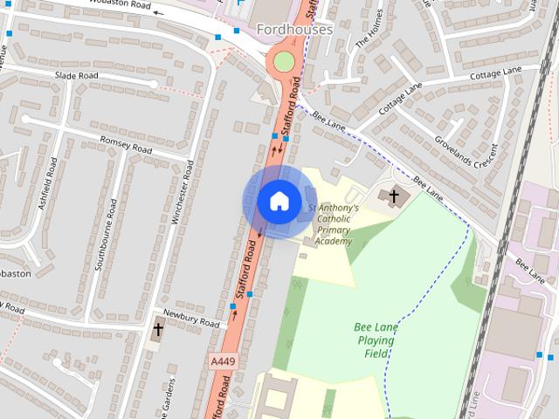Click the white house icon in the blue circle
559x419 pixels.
pyautogui.click(x=278, y=201)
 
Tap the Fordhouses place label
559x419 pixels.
pyautogui.click(x=294, y=30)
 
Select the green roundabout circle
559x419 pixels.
pyautogui.click(x=284, y=60)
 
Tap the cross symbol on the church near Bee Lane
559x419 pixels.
pyautogui.click(x=395, y=196)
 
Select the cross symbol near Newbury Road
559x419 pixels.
pyautogui.click(x=158, y=330)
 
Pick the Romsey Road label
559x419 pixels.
pyautogui.click(x=126, y=145)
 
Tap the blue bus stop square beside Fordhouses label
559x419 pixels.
pyautogui.click(x=237, y=31)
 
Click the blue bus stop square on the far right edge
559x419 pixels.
pyautogui.click(x=539, y=356)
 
